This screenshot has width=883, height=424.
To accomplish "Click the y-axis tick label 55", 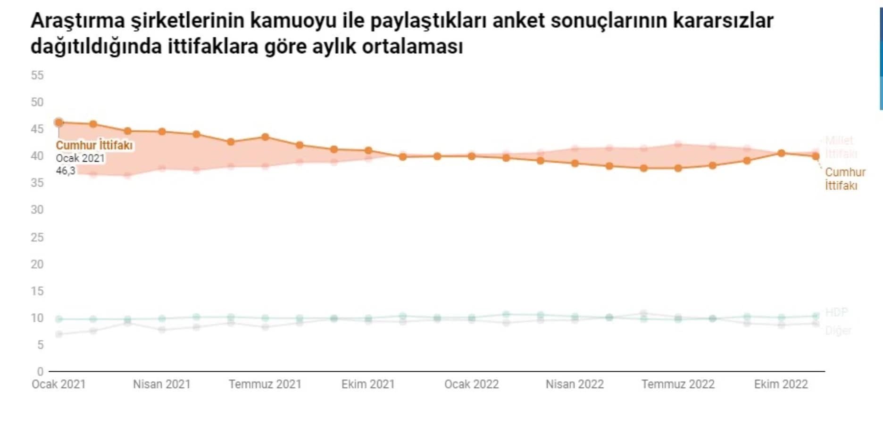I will (37, 75).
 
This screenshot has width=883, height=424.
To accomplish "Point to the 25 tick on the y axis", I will (37, 237).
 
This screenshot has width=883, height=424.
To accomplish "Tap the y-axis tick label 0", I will (40, 372).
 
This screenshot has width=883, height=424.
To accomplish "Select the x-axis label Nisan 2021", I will (162, 384).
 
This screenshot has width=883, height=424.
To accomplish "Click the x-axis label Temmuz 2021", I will (265, 384).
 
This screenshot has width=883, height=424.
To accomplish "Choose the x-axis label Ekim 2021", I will (368, 384).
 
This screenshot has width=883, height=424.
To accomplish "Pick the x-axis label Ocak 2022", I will (471, 384).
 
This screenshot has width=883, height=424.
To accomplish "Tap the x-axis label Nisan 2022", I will (575, 384).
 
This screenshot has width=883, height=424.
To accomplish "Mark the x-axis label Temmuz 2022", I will (678, 384).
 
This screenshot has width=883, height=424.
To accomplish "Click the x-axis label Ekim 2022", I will (781, 384).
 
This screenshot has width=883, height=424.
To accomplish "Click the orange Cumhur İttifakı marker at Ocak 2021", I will (59, 122).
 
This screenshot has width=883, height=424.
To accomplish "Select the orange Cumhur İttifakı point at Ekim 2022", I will (781, 153).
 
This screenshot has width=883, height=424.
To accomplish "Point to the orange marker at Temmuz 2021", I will (265, 137).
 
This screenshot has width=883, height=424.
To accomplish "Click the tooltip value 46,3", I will (66, 171).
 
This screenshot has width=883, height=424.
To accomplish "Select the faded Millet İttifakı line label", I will (841, 147).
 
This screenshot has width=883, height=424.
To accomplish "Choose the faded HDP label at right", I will (836, 312).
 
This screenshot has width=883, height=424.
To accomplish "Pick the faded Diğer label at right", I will (838, 331).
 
